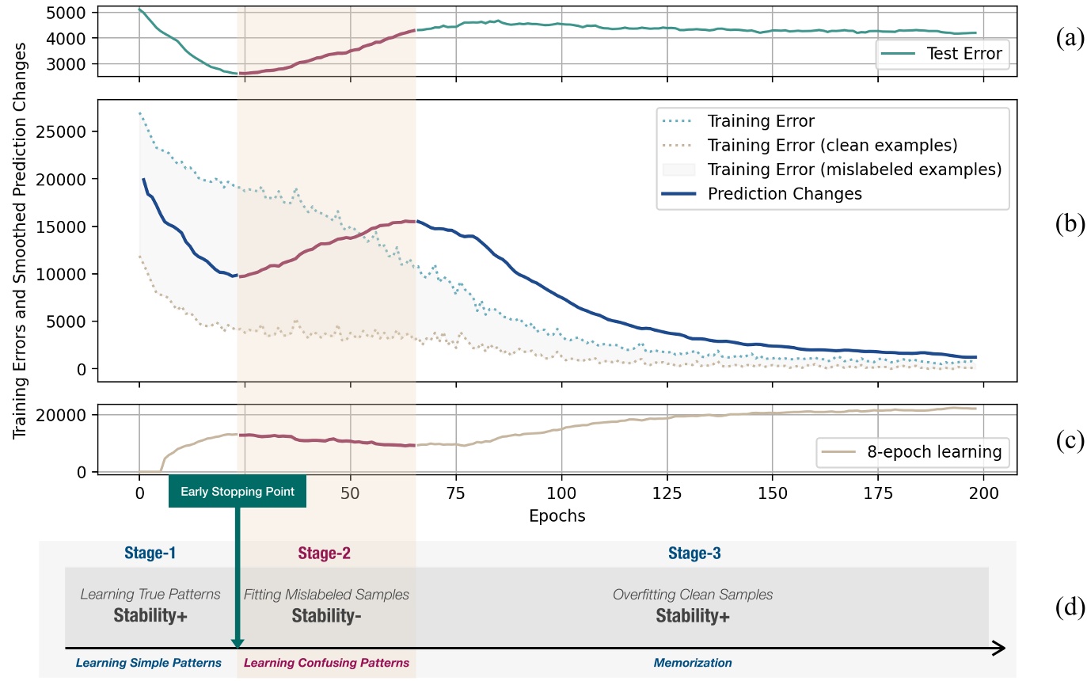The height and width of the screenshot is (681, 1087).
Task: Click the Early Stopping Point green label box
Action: [238, 492]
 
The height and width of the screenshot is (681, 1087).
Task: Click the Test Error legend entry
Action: [942, 55]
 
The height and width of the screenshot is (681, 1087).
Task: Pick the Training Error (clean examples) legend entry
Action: [832, 146]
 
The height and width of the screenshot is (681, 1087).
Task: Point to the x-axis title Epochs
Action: [557, 516]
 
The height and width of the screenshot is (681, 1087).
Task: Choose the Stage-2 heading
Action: [324, 554]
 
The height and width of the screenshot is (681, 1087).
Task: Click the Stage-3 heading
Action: [694, 554]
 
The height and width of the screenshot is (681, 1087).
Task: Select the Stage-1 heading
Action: [150, 554]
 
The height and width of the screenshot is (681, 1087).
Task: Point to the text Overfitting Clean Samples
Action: [693, 594]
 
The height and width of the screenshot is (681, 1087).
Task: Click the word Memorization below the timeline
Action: [693, 663]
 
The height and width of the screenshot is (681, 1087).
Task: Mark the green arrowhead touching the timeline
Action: [237, 643]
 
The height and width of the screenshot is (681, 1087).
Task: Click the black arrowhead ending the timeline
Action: [999, 649]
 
